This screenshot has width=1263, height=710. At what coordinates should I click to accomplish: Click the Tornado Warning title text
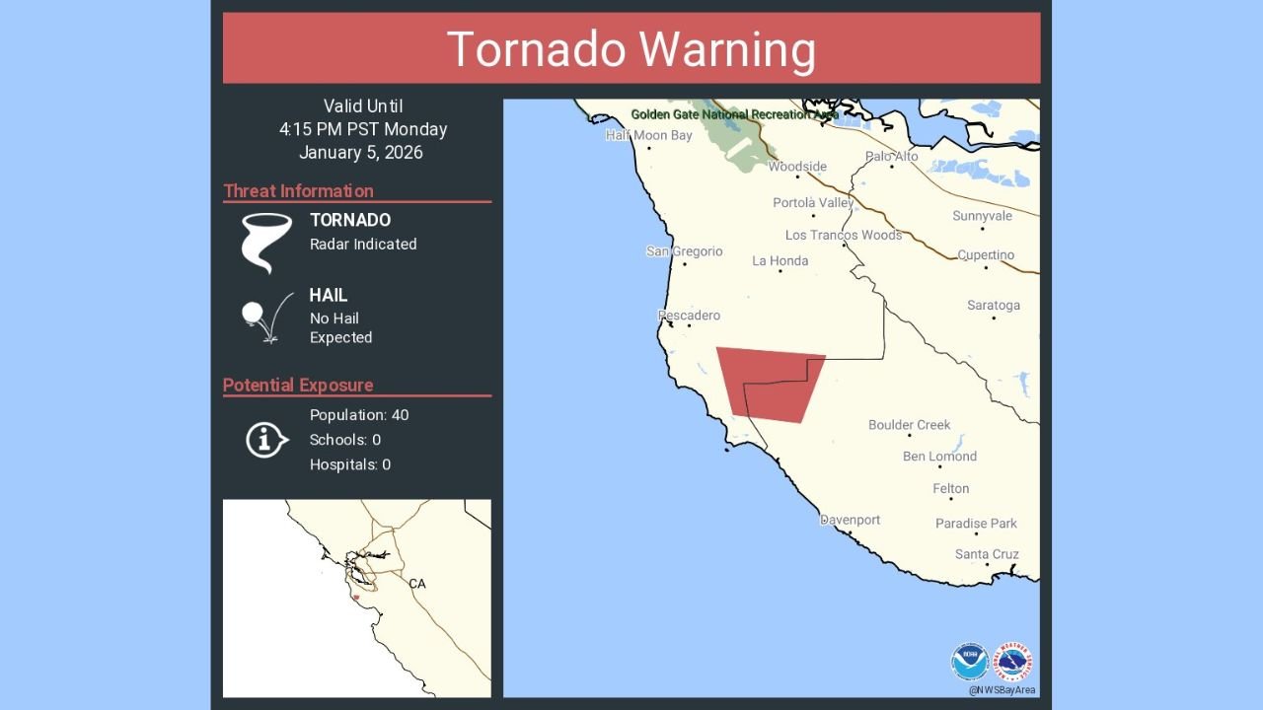pyautogui.click(x=631, y=49)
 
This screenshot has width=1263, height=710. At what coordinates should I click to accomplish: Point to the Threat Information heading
pyautogui.click(x=298, y=191)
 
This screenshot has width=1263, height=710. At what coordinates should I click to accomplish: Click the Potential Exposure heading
pyautogui.click(x=298, y=386)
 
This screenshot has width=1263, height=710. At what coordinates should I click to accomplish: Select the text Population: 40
pyautogui.click(x=359, y=415)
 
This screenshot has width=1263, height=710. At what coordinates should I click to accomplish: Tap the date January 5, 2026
pyautogui.click(x=361, y=153)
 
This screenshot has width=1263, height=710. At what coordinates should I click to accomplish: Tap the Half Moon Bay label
pyautogui.click(x=648, y=136)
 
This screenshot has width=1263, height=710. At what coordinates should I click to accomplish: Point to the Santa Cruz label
pyautogui.click(x=987, y=554)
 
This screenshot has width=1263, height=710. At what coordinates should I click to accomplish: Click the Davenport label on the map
pyautogui.click(x=850, y=520)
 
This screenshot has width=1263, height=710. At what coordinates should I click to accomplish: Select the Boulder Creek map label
pyautogui.click(x=909, y=425)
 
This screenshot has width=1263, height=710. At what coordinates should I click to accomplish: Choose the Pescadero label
pyautogui.click(x=689, y=316)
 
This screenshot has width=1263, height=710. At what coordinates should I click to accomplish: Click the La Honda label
pyautogui.click(x=780, y=261)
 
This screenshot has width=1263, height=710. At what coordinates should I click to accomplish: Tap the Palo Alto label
pyautogui.click(x=891, y=157)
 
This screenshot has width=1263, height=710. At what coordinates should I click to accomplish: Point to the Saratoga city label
pyautogui.click(x=993, y=306)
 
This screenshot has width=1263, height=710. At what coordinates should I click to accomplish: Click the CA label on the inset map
pyautogui.click(x=417, y=584)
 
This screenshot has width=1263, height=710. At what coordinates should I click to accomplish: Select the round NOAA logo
pyautogui.click(x=969, y=662)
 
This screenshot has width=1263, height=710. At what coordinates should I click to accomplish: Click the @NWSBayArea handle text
pyautogui.click(x=1002, y=690)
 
